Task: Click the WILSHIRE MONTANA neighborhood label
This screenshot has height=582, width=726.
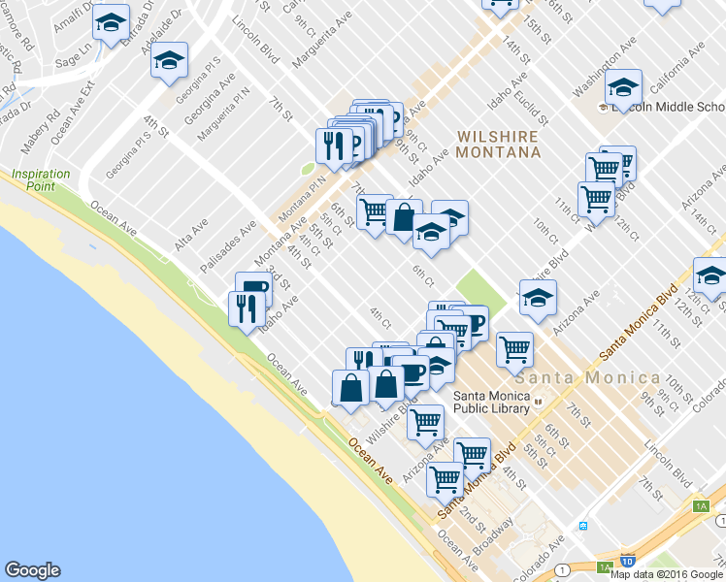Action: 499,144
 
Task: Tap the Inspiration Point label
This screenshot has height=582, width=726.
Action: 41,179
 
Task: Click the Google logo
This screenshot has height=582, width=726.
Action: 32,570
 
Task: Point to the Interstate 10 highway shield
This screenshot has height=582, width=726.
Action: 628,561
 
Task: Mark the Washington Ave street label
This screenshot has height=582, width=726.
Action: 596,75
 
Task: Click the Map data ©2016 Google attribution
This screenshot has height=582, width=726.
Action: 667,573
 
